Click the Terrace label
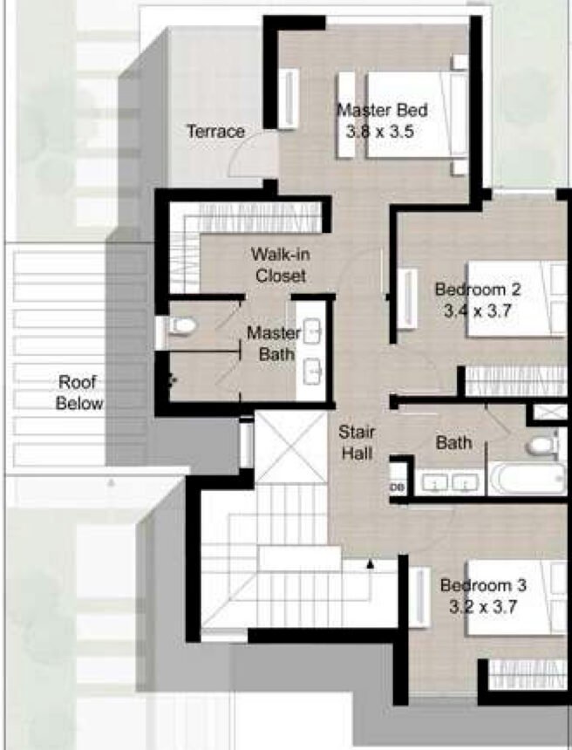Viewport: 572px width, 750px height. click(x=215, y=132)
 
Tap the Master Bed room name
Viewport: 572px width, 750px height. click(x=382, y=111)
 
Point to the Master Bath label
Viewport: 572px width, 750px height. click(x=273, y=344)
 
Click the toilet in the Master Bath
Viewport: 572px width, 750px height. click(x=182, y=326)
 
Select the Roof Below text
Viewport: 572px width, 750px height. click(x=79, y=392)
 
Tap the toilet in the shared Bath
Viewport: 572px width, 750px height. click(x=541, y=446)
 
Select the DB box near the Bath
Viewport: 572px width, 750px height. click(x=398, y=487)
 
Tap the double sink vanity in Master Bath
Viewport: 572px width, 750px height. click(x=313, y=351)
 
